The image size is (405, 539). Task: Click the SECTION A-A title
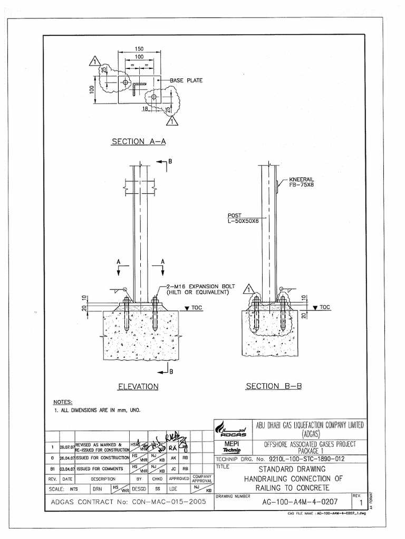pyautogui.click(x=139, y=141)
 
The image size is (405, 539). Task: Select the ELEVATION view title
pyautogui.click(x=138, y=386)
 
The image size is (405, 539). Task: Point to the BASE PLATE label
pyautogui.click(x=186, y=81)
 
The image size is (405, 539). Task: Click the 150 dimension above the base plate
pyautogui.click(x=139, y=48)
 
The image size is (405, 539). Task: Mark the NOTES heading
pyautogui.click(x=63, y=402)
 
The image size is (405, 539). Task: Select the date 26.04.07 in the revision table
pyautogui.click(x=66, y=458)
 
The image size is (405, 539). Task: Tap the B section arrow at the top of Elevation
pyautogui.click(x=164, y=162)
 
